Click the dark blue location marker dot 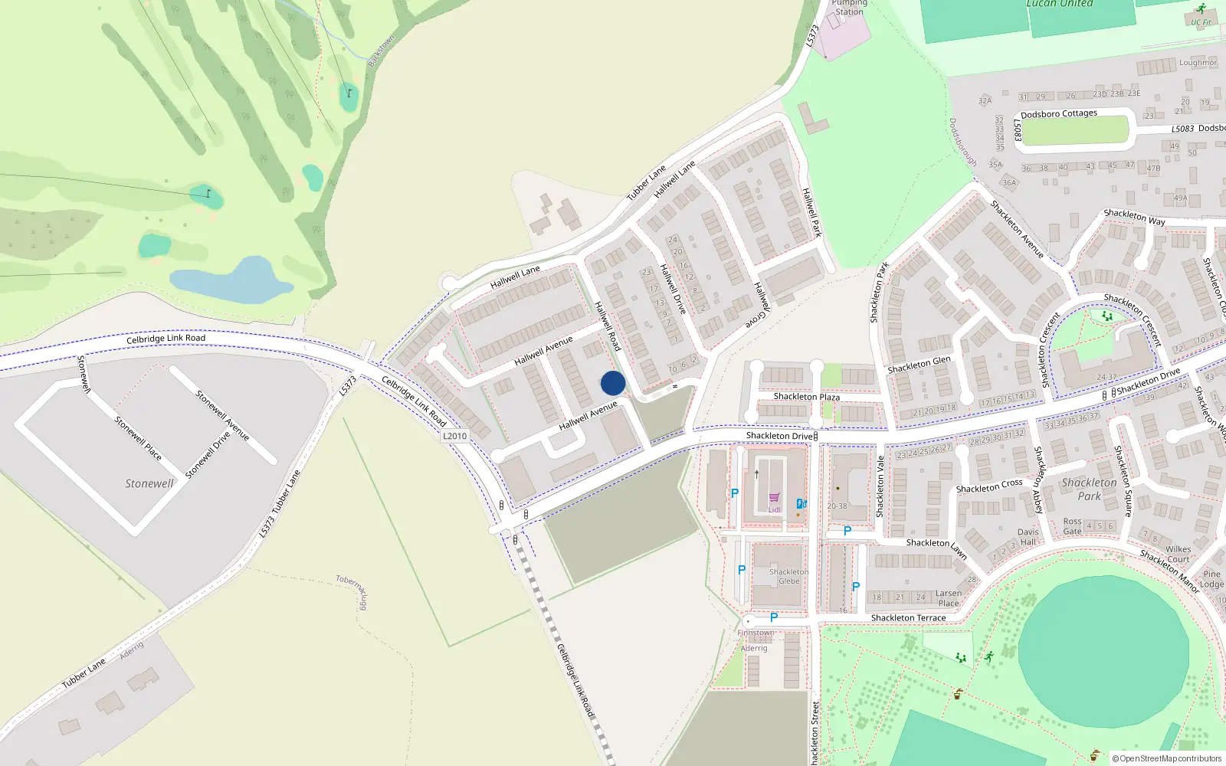point(613,383)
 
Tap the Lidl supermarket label point(775,509)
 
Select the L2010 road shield point(454,436)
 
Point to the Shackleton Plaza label point(806,397)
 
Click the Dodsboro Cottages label point(1058,114)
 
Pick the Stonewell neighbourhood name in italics point(149,483)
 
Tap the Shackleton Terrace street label point(908,617)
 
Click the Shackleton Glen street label point(919,365)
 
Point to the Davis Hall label point(1028,537)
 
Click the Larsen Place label point(948,598)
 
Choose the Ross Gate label point(1072,526)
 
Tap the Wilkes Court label point(1178,554)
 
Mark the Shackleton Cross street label point(988,486)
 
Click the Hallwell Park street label point(811,212)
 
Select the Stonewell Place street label point(138,437)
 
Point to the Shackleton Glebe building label point(788,576)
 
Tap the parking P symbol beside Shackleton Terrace point(774,617)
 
